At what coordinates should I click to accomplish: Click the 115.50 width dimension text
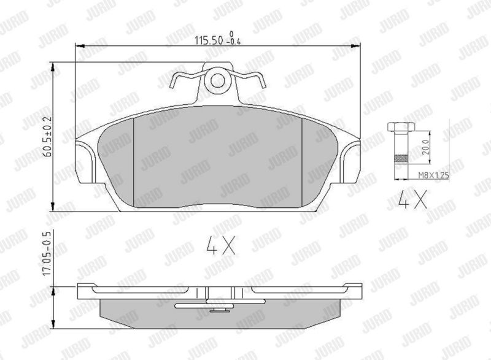point(209,40)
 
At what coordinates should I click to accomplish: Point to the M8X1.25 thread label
point(434,175)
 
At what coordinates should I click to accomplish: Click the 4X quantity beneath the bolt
point(412,200)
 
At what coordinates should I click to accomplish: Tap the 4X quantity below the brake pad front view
point(221,245)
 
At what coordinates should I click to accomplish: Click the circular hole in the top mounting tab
point(217,81)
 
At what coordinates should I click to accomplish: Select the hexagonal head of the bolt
point(401,127)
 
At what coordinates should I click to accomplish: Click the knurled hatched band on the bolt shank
point(401,159)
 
